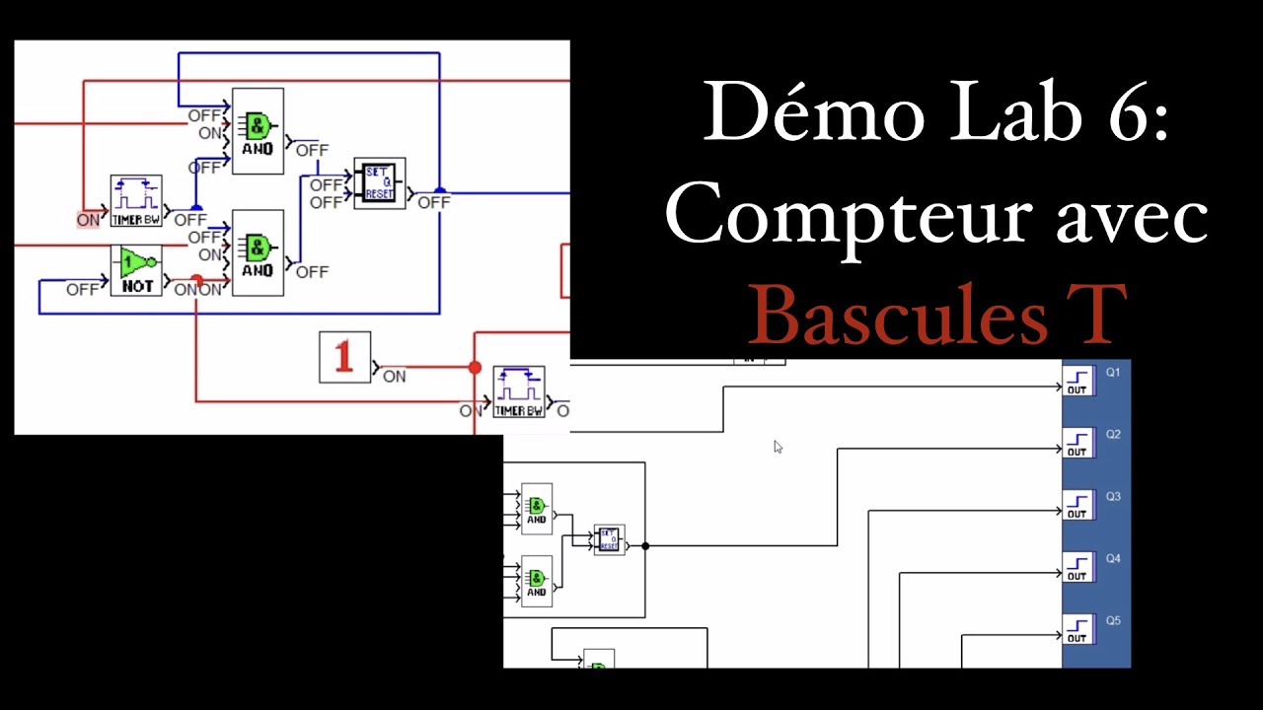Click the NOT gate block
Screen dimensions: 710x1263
tap(136, 270)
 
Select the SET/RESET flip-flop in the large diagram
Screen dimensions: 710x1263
tap(380, 183)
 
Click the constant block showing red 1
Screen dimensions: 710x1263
tap(344, 357)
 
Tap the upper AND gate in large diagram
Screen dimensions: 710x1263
tap(258, 131)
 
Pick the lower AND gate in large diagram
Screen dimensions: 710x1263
tap(258, 252)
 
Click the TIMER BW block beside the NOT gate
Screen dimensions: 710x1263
tap(136, 201)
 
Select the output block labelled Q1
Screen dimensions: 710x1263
tap(1077, 380)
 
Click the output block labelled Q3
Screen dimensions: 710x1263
tap(1077, 504)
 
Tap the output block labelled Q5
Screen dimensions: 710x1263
tap(1077, 628)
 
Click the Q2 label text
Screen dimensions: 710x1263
tap(1113, 435)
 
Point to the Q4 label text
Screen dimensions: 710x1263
tap(1113, 559)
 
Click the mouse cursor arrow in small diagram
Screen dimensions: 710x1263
tap(778, 447)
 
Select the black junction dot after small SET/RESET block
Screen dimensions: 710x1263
tap(645, 545)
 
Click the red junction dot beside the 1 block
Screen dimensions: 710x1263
tap(475, 368)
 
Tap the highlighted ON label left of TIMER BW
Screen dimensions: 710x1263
tap(88, 220)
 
